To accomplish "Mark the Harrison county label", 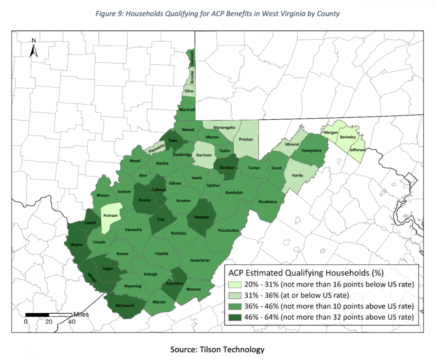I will point(204,155).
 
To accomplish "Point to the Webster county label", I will point(202,217).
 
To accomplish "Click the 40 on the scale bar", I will point(72,322).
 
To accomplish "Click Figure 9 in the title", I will point(109,14).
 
